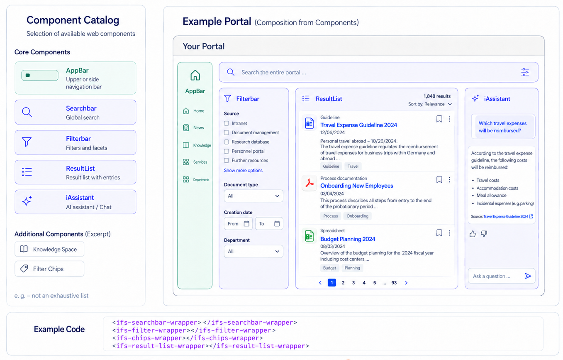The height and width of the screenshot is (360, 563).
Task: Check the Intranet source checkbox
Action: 227,123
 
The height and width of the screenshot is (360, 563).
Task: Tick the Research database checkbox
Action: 227,142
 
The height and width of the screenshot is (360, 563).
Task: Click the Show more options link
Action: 243,170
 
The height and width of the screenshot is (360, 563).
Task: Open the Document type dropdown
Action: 253,196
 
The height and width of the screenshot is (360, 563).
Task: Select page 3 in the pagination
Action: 353,283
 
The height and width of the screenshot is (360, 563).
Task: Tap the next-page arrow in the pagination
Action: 406,283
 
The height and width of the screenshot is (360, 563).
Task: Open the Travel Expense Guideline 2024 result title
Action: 358,125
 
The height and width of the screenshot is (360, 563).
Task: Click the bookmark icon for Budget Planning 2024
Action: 439,233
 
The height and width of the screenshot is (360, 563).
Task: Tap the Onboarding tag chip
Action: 357,216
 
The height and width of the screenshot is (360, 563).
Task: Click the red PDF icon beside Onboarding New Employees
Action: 310,183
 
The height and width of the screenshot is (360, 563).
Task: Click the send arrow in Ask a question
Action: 528,276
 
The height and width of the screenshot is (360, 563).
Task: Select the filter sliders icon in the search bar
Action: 525,72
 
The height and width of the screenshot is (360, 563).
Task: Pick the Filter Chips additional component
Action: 49,269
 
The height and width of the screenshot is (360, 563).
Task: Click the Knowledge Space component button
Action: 49,249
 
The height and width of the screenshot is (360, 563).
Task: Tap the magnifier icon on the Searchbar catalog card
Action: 27,112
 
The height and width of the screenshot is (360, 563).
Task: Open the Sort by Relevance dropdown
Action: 430,104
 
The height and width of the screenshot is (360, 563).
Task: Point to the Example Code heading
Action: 59,329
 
